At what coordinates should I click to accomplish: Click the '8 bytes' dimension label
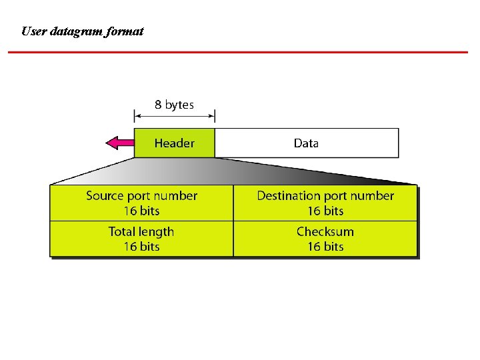click(x=174, y=105)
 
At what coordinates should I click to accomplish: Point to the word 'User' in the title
click(x=33, y=31)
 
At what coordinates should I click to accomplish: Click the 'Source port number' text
click(x=141, y=196)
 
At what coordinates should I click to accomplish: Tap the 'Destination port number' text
click(x=325, y=196)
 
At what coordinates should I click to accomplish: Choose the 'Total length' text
click(x=141, y=232)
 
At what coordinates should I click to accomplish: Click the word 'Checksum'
click(x=325, y=232)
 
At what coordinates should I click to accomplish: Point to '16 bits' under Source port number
click(x=141, y=211)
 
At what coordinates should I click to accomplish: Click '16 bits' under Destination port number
click(x=325, y=211)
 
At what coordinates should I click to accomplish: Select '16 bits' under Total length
click(x=141, y=247)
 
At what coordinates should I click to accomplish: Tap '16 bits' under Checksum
click(x=325, y=247)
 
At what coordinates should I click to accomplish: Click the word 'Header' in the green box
click(x=175, y=143)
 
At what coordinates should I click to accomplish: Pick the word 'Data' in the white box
click(x=306, y=143)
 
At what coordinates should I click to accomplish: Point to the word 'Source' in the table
click(x=105, y=196)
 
